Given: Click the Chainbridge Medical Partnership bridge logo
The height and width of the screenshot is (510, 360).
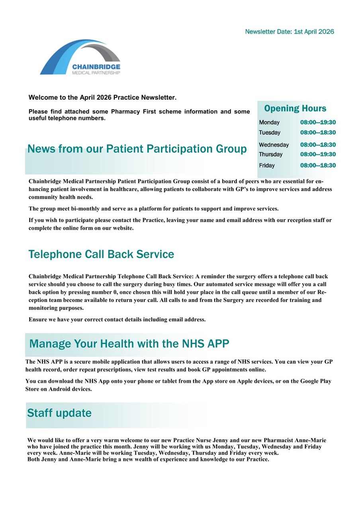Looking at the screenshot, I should pyautogui.click(x=80, y=57).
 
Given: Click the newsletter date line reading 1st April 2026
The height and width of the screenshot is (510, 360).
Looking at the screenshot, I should pyautogui.click(x=290, y=32).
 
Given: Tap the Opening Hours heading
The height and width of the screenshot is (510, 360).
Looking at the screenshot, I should pyautogui.click(x=295, y=108).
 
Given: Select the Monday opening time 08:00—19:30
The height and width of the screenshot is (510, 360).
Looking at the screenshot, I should pyautogui.click(x=318, y=122).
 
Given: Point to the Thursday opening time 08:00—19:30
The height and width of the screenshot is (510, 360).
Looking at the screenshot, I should pyautogui.click(x=318, y=154).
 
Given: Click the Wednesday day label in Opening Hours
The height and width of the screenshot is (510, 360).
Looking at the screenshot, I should pyautogui.click(x=274, y=145).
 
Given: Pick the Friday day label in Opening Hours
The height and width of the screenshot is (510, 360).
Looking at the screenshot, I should pyautogui.click(x=266, y=165).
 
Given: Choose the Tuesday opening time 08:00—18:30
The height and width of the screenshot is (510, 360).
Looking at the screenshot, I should pyautogui.click(x=318, y=132).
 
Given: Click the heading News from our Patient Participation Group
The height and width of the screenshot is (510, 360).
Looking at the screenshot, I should pyautogui.click(x=137, y=149).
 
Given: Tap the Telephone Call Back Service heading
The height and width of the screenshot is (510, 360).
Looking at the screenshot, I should pyautogui.click(x=101, y=254).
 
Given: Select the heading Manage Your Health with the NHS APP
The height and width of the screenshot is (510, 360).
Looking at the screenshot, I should pyautogui.click(x=129, y=343).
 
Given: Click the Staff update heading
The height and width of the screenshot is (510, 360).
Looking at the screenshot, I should pyautogui.click(x=59, y=413).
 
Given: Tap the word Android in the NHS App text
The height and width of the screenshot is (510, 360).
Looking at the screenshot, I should pyautogui.click(x=59, y=389).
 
